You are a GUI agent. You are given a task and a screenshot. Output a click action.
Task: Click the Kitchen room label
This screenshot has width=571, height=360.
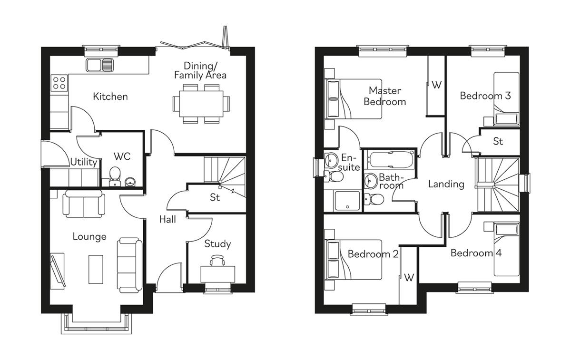tap(110, 97)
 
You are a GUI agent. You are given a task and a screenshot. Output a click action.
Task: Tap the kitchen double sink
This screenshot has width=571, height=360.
tap(100, 65)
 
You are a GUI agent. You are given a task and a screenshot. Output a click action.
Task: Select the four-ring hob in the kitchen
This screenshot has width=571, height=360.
tap(60, 83)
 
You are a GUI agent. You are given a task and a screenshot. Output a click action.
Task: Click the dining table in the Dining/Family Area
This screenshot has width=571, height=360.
tap(201, 103)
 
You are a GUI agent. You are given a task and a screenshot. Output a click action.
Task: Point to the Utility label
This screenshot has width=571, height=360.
tap(84, 162)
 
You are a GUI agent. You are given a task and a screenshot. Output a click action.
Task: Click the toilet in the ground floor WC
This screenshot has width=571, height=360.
tap(115, 176)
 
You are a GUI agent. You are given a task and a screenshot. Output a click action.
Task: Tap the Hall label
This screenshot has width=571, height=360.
tap(167, 219)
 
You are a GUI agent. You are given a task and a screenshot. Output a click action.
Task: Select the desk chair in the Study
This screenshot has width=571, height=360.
tap(217, 260)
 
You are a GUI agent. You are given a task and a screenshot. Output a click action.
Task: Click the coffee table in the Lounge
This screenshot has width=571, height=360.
tap(95, 269)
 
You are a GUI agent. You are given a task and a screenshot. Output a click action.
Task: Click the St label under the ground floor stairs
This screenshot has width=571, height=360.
tap(215, 197)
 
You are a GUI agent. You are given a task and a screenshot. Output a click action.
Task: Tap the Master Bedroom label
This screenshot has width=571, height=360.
tap(384, 96)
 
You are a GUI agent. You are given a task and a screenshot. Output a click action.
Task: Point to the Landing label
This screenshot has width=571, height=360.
tap(446, 184)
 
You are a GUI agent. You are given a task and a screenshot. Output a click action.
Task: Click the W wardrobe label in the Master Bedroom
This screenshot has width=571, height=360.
tap(436, 85)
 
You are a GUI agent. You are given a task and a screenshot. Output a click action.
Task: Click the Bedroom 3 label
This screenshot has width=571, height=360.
tap(485, 96)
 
